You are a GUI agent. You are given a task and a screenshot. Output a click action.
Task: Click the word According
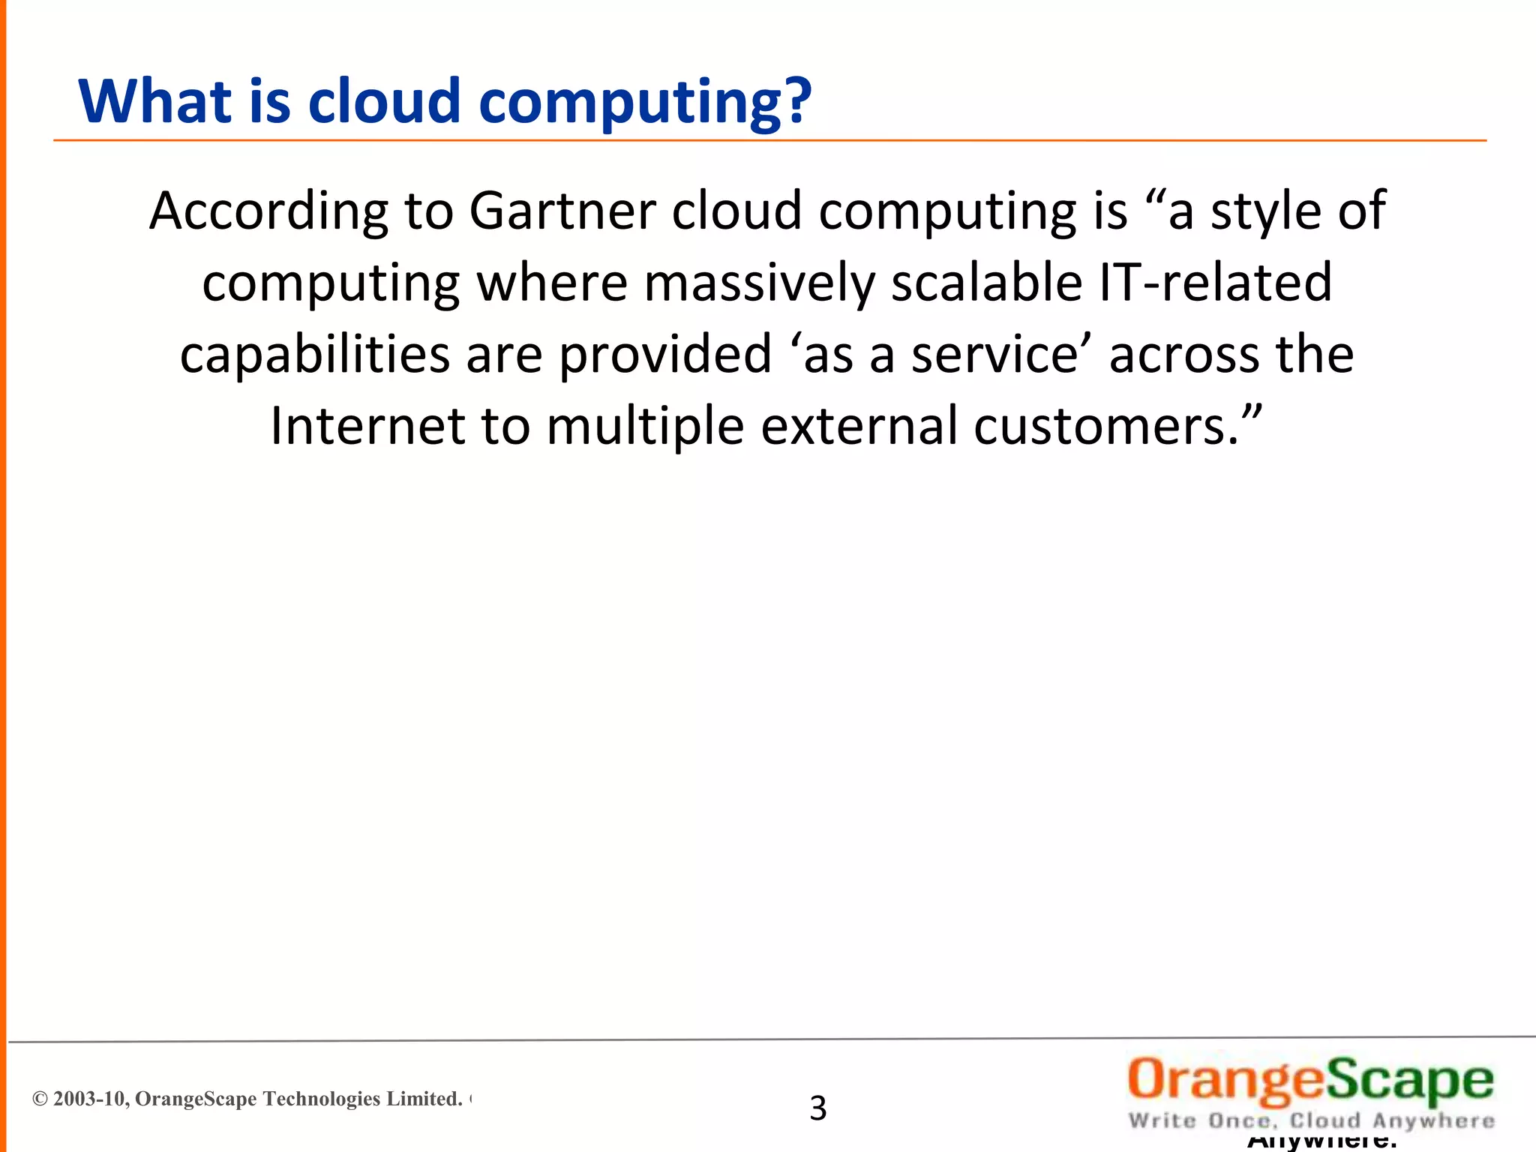pyautogui.click(x=269, y=212)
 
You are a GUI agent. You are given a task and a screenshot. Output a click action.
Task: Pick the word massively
pyautogui.click(x=759, y=283)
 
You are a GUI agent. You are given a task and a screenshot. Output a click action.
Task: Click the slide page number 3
pyautogui.click(x=817, y=1108)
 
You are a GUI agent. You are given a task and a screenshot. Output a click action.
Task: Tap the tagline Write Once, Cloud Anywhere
pyautogui.click(x=1311, y=1121)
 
